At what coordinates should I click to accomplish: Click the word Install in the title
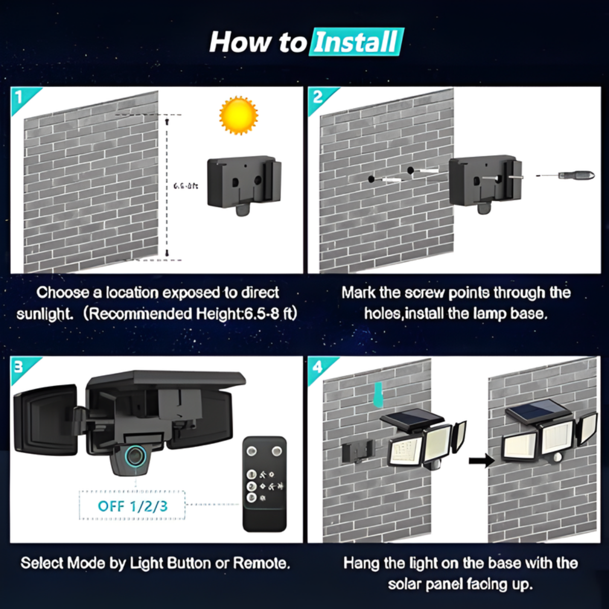point(356,42)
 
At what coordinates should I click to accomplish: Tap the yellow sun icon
point(238,116)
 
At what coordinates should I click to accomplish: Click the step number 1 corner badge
point(20,96)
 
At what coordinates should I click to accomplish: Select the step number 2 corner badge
point(318,96)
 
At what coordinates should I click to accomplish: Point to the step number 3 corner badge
point(19,366)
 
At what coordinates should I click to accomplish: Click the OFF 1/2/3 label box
point(132,505)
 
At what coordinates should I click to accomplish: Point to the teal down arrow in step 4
point(376,395)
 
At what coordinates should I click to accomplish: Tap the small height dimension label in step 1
point(186,186)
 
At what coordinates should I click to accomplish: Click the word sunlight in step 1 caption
point(45,314)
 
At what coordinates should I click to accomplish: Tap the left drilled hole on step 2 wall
point(371,179)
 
